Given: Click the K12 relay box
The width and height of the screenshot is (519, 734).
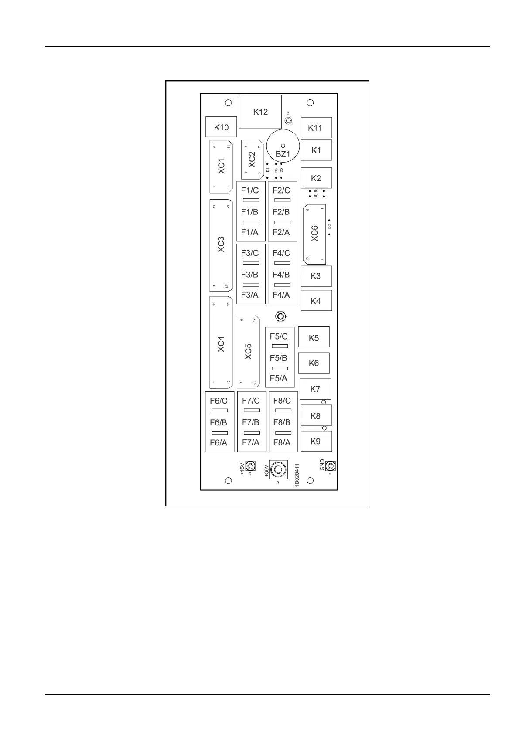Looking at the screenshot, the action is pos(260,112).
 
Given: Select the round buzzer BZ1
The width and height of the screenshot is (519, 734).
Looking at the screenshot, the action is pos(283,146).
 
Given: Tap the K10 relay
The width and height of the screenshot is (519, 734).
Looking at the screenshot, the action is pos(221,127).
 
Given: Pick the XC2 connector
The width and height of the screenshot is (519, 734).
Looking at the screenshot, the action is pos(252,160).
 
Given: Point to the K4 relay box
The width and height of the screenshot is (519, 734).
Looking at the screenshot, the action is pos(316,301).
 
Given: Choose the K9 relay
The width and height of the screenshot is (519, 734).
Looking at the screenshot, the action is pos(316,441).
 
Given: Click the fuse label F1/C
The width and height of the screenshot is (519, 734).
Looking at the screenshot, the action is pos(250,190).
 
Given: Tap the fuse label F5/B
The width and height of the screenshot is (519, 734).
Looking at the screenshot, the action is pos(279,358).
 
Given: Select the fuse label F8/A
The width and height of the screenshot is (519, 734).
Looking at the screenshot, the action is pos(282,443).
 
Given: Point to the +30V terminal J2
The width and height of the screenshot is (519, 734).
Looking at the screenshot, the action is pos(277,469).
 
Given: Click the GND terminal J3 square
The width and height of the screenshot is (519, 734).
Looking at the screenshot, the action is pos(331,466).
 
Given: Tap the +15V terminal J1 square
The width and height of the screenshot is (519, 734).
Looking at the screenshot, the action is pos(250,465).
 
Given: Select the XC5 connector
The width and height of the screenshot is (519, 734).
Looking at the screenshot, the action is pos(248,352).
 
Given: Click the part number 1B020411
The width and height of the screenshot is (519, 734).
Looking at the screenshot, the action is pos(297,475).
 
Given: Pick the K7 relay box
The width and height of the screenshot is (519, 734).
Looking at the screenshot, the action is pos(315,389).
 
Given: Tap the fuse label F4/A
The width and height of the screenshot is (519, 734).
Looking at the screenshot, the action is pos(281,295).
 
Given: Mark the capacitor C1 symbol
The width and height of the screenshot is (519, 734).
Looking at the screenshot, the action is pos(288,120).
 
